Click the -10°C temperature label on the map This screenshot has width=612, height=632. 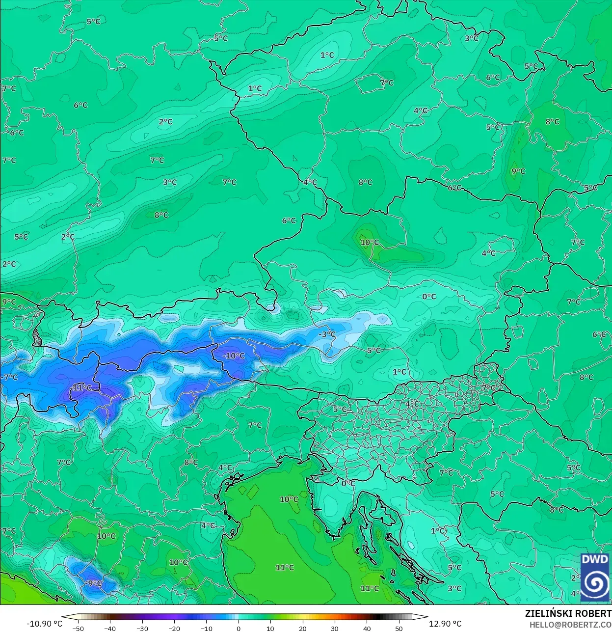[234, 356]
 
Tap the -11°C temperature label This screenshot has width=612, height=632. [81, 387]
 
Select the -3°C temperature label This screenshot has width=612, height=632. [327, 334]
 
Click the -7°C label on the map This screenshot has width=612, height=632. [10, 377]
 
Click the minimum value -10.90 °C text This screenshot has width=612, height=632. [44, 624]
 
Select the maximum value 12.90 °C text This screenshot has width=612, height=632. [445, 624]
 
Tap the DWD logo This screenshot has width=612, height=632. [595, 577]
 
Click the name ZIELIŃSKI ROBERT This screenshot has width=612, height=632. [568, 613]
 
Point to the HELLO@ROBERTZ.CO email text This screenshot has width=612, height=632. [570, 624]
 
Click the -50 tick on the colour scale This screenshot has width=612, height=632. [78, 629]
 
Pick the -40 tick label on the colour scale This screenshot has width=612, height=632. [110, 629]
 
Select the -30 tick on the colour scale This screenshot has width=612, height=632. [142, 629]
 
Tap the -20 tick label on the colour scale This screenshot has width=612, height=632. [174, 629]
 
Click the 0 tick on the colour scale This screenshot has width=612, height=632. [239, 629]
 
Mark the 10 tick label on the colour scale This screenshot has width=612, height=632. [270, 629]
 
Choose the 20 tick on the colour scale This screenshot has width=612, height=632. [302, 629]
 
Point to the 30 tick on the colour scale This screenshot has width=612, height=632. [335, 629]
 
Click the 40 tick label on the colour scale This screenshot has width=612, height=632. [367, 629]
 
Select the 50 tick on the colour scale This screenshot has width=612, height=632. [399, 629]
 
